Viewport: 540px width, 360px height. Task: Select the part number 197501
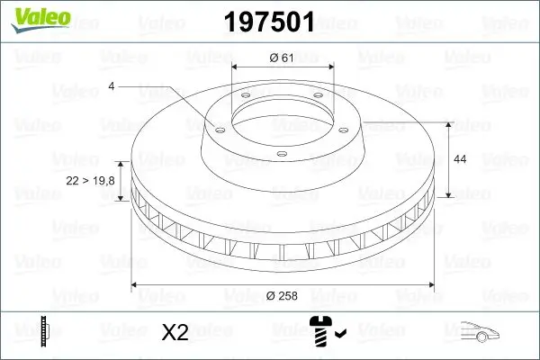[x=269, y=21]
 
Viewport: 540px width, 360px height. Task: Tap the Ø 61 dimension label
[x=283, y=58]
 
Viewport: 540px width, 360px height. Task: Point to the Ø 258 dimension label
[x=283, y=294]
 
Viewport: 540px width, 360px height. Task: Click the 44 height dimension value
[x=459, y=159]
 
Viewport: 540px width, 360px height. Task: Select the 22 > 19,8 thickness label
[x=91, y=181]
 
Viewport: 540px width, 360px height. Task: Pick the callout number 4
[x=111, y=86]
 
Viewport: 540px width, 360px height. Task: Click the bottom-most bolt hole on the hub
[x=281, y=155]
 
